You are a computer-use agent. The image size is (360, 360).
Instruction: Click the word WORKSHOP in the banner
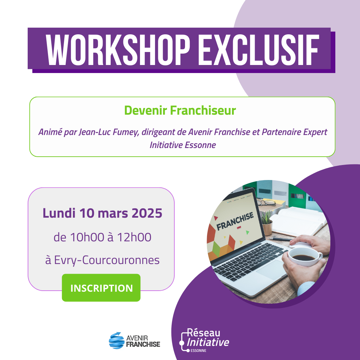[118, 50]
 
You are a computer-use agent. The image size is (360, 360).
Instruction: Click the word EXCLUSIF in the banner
[259, 50]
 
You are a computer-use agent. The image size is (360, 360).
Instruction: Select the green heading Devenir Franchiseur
[180, 110]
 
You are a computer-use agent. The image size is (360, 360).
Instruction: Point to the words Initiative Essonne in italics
[183, 145]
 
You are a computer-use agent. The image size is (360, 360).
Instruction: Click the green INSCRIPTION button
[101, 288]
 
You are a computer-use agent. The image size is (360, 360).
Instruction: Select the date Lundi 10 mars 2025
[102, 213]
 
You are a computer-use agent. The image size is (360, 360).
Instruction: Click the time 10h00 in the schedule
[87, 237]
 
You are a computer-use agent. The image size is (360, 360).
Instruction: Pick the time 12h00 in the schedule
[134, 237]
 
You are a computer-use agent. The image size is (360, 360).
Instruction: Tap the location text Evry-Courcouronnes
[107, 260]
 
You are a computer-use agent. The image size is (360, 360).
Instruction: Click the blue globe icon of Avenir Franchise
[117, 340]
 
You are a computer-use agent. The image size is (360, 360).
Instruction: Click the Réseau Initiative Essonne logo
[204, 340]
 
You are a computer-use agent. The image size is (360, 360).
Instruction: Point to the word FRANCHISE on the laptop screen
[235, 221]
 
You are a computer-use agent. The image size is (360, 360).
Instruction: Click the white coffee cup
[305, 256]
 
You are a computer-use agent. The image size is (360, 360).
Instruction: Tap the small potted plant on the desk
[267, 223]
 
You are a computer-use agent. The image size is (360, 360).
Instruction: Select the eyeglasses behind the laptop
[266, 202]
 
